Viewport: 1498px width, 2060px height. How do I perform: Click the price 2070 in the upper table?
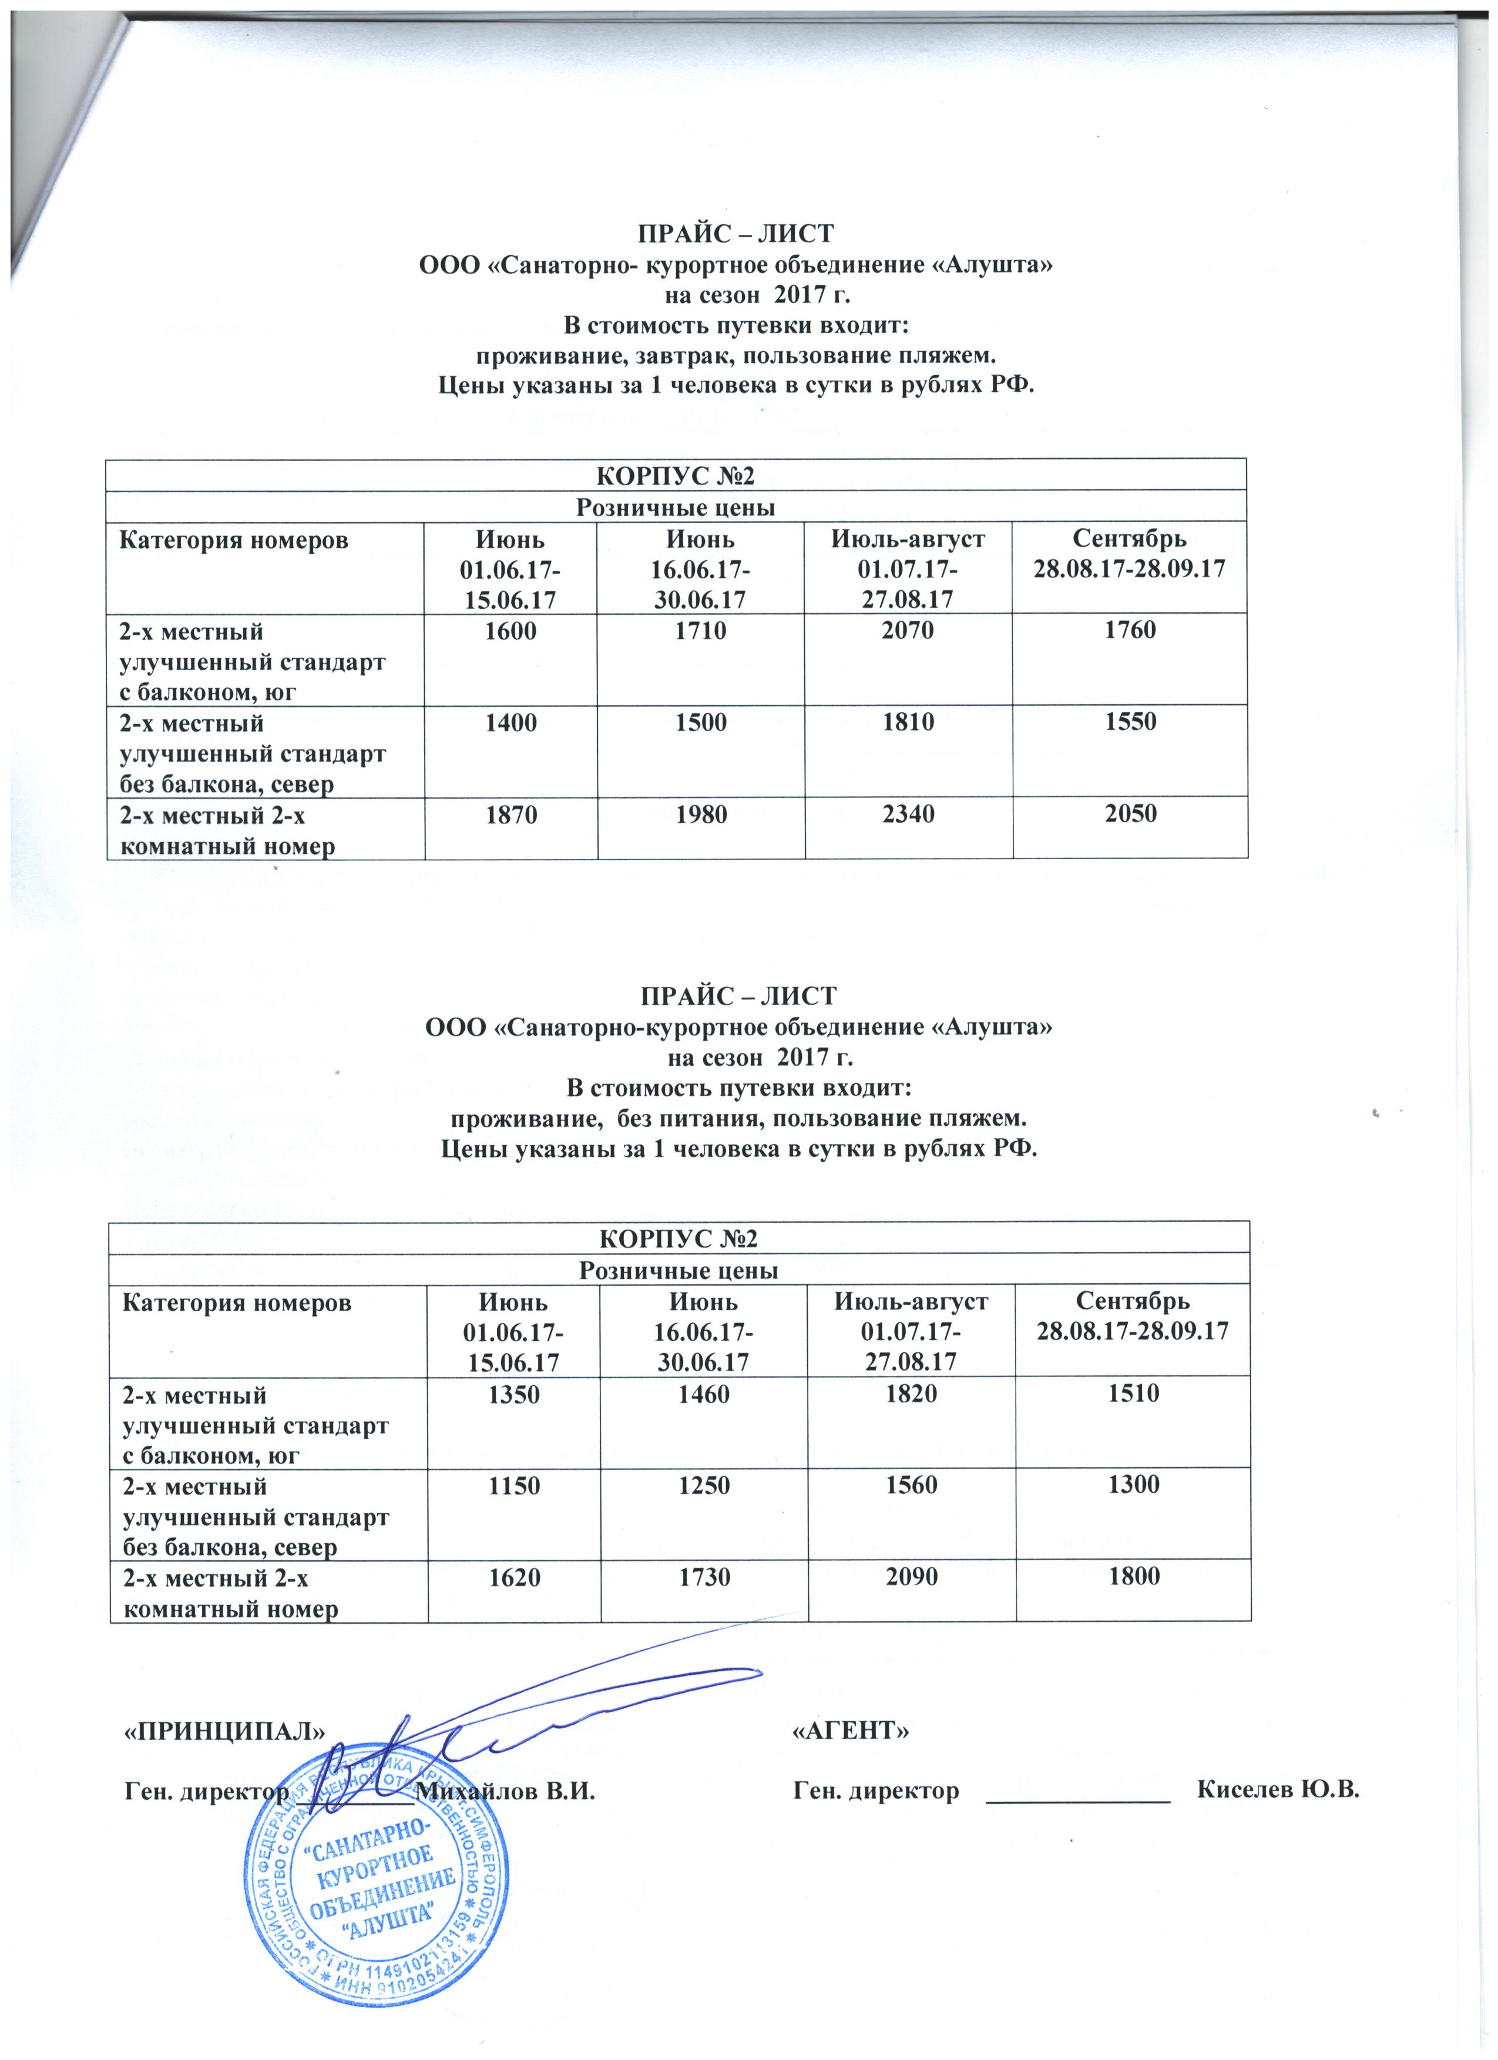(908, 630)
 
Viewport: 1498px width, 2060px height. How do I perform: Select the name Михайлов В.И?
(505, 1792)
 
